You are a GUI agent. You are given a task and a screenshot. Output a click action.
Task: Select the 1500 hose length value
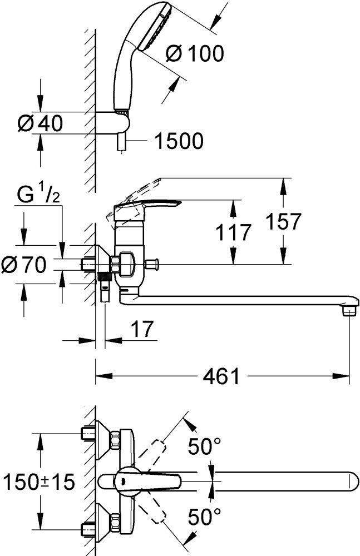point(178,142)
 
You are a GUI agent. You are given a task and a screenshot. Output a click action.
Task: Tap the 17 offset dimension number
point(141,331)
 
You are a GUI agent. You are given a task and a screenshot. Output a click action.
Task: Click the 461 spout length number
point(221,378)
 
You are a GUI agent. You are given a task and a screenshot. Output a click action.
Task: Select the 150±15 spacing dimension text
point(38,481)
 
